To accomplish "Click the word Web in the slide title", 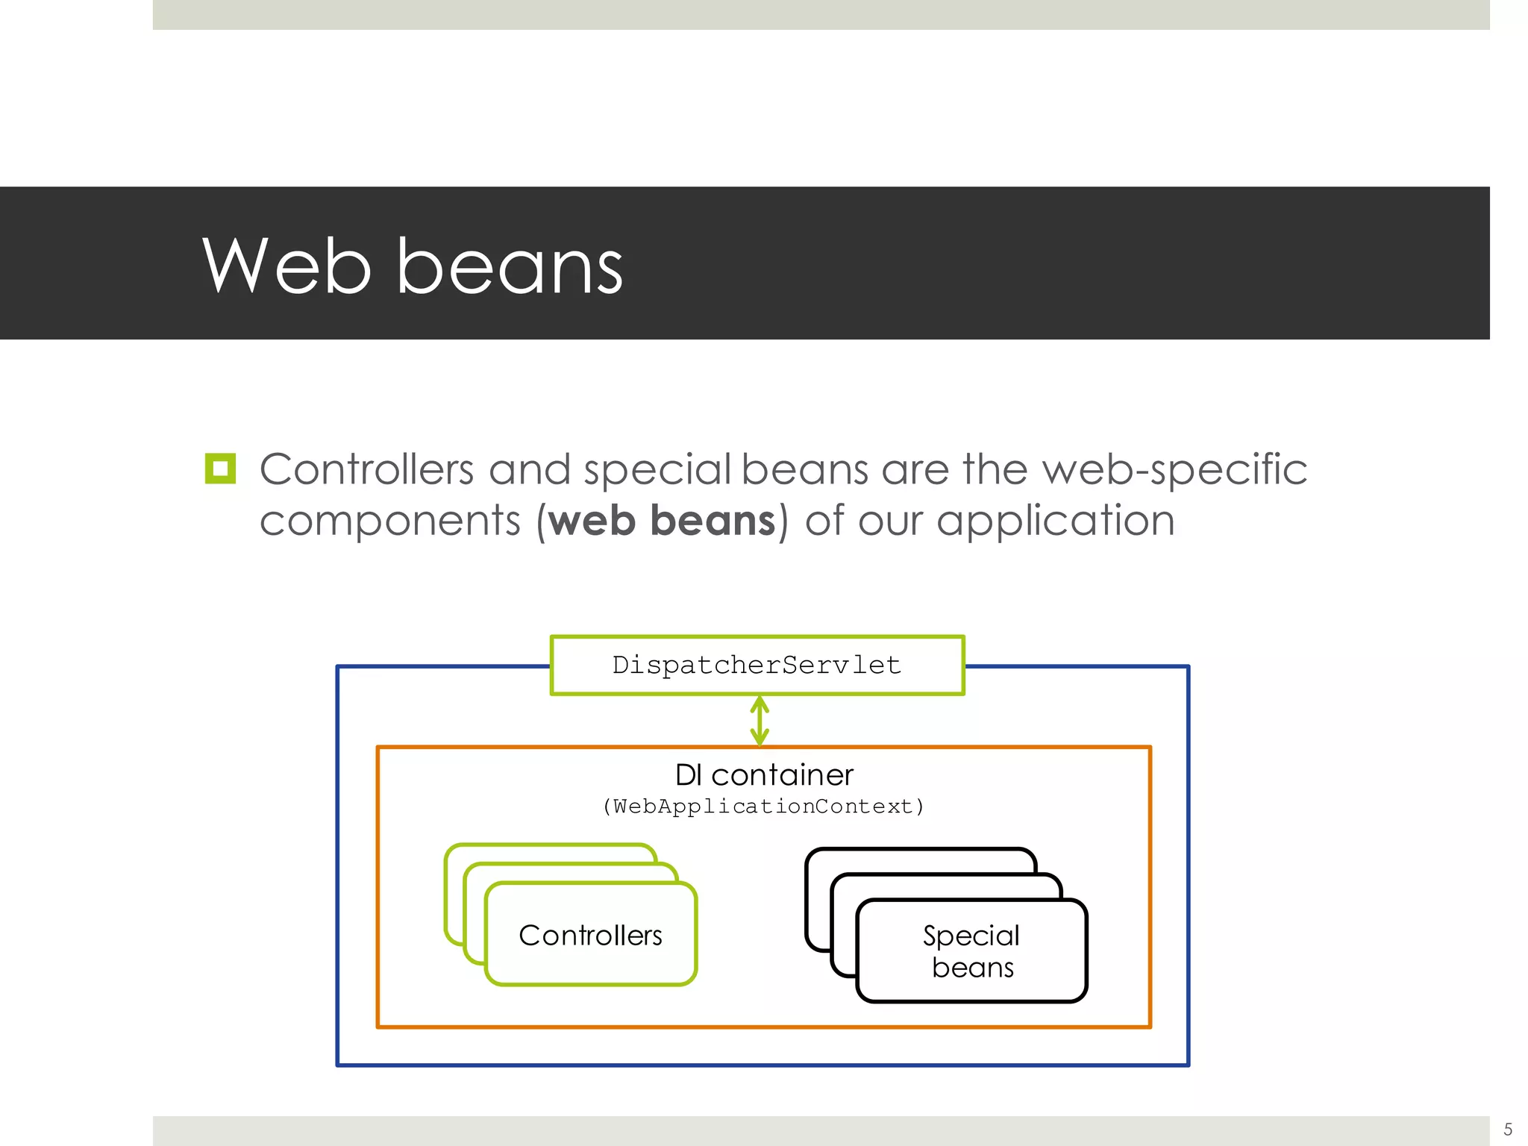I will point(286,266).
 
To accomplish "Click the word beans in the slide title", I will point(510,266).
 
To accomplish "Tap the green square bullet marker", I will point(220,469).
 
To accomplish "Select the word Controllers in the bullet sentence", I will point(366,470).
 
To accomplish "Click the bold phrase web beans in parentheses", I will point(662,520).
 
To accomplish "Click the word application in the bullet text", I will point(1055,520).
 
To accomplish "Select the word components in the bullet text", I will point(389,520).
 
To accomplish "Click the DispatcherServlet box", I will point(757,665).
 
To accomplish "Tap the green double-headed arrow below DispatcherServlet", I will point(760,721).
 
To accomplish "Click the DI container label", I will point(763,775).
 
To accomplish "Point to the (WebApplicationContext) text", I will point(763,807).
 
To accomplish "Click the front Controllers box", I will point(590,935).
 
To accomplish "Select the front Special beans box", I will point(971,951).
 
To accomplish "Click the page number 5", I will point(1508,1129).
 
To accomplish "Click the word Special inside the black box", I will point(971,936).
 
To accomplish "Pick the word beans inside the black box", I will point(972,968).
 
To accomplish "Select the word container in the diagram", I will point(782,775).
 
